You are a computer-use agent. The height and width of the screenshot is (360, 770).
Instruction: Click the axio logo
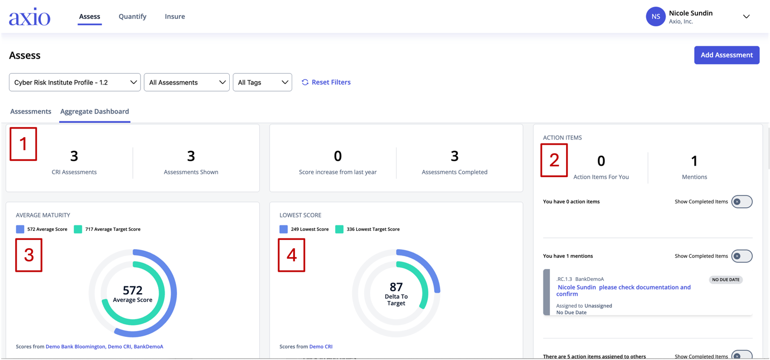pos(30,17)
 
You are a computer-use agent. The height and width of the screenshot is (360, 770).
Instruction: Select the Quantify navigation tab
pos(132,17)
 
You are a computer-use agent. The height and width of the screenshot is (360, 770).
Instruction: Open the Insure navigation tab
pos(175,17)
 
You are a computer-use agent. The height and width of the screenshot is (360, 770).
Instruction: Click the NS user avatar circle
pos(655,17)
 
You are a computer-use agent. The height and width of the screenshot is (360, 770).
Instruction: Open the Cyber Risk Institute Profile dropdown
pos(75,82)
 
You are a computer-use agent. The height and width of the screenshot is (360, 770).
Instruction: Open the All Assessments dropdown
pos(187,82)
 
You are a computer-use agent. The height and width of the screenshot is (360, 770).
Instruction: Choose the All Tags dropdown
pos(262,82)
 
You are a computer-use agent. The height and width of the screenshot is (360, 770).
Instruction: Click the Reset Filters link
pos(326,82)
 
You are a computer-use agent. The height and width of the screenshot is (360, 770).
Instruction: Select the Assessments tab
pos(31,111)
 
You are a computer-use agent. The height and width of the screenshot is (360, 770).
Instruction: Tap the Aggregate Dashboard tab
pos(95,111)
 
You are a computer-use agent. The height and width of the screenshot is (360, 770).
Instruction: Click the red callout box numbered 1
pos(23,144)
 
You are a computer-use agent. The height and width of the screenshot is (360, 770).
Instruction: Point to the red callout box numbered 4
pos(292,255)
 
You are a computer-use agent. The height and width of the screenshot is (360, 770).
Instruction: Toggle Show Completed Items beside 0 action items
pos(742,202)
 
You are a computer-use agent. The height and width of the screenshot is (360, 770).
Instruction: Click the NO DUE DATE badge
pos(726,279)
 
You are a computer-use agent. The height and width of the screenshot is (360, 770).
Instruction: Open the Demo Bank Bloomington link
pos(75,347)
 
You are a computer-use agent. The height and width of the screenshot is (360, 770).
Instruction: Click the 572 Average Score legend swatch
pos(20,229)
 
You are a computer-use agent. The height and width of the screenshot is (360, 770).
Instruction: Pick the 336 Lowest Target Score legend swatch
pos(340,229)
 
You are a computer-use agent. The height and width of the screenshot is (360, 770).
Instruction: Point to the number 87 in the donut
pos(396,287)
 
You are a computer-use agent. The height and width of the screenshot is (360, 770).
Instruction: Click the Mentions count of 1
pos(694,161)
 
